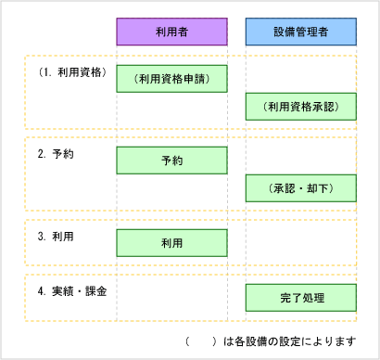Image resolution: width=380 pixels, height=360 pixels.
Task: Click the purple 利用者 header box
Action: click(x=171, y=32)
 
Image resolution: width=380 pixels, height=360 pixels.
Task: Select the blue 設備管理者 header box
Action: click(x=301, y=32)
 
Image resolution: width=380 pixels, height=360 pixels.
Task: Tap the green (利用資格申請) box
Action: click(x=171, y=79)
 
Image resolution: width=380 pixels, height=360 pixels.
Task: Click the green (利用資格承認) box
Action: click(x=301, y=107)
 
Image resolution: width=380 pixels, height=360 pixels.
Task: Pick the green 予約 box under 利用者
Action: click(x=171, y=161)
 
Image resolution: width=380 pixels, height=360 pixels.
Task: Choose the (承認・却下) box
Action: click(x=301, y=188)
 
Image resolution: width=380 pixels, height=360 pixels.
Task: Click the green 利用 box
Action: click(x=171, y=242)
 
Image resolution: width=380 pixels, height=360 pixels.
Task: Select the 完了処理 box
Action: click(x=301, y=297)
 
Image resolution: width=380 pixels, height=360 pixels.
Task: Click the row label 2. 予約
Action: click(x=56, y=154)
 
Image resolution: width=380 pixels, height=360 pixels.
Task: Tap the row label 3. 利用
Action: click(x=56, y=236)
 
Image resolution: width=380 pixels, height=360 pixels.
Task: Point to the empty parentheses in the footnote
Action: click(x=202, y=341)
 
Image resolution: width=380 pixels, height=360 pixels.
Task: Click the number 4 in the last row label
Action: click(x=41, y=290)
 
